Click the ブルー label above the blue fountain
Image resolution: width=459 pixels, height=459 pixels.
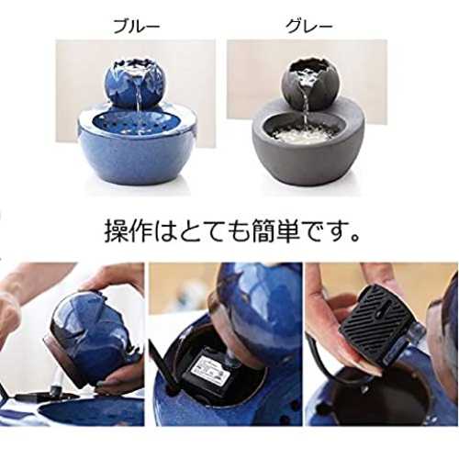point(137,27)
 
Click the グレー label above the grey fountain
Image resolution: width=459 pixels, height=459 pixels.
point(308,27)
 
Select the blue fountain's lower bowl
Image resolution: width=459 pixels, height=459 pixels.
point(136,148)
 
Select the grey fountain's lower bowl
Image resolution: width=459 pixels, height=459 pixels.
point(308,146)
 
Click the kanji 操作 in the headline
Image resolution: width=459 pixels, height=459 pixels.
point(129,232)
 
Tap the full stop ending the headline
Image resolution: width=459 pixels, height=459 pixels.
point(355,238)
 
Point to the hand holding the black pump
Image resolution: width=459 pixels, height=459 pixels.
point(340,330)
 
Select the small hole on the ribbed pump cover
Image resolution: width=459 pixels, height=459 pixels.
point(380,313)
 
